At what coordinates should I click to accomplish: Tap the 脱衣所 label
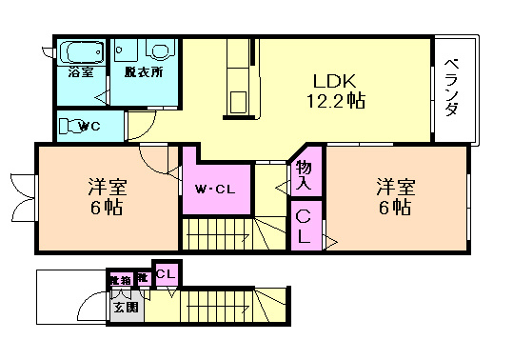pyautogui.click(x=144, y=71)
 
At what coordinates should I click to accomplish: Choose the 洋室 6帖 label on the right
pyautogui.click(x=393, y=195)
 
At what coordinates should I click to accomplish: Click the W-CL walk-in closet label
pyautogui.click(x=215, y=189)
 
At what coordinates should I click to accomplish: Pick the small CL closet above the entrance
pyautogui.click(x=166, y=274)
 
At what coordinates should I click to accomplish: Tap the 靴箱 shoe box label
pyautogui.click(x=120, y=279)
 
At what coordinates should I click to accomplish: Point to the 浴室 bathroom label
pyautogui.click(x=80, y=71)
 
